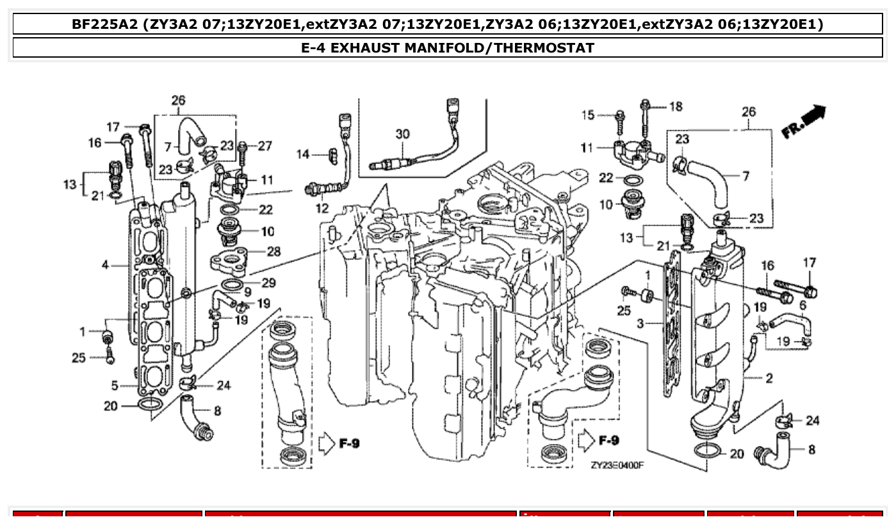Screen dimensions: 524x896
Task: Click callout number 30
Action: coord(402,134)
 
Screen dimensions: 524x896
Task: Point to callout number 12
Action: coord(322,208)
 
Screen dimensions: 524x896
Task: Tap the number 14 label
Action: coord(303,154)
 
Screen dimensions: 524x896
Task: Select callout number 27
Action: coord(265,146)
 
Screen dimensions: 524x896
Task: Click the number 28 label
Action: coord(273,252)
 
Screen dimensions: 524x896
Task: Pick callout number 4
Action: coord(106,265)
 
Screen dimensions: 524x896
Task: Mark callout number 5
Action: coord(115,386)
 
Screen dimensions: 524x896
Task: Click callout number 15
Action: coord(588,115)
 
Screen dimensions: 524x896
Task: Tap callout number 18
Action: coord(676,107)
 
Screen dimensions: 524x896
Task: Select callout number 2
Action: coord(769,379)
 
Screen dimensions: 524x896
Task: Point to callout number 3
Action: coord(640,325)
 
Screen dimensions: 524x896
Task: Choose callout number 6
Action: coord(802,306)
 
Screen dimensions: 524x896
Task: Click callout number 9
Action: coord(247,291)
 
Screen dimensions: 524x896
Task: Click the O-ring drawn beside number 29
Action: coord(232,284)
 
